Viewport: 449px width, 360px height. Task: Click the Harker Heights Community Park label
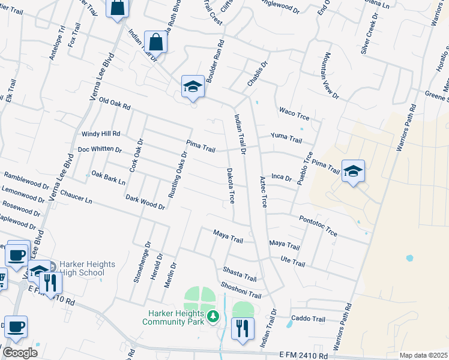173,317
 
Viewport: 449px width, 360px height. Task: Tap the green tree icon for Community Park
212,316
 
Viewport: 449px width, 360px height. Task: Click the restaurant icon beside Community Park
243,328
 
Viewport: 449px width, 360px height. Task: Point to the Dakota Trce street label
230,186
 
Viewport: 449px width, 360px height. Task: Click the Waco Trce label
294,112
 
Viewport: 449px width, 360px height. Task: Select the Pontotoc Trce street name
318,227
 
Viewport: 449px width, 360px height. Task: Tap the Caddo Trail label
308,318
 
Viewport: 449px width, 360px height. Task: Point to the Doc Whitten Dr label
100,149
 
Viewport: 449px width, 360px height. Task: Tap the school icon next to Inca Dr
353,171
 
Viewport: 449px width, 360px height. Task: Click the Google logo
20,353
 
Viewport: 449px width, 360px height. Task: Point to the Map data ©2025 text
423,355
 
